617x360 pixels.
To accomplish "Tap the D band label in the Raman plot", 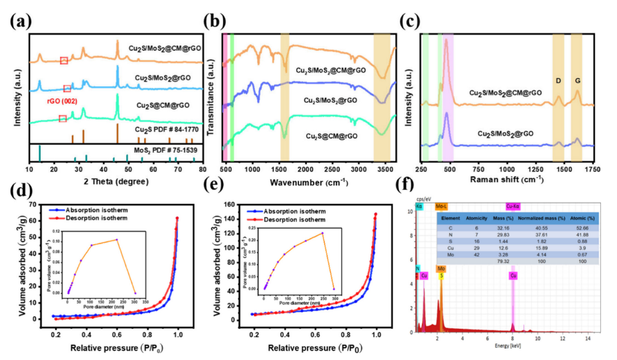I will tap(558, 80).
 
